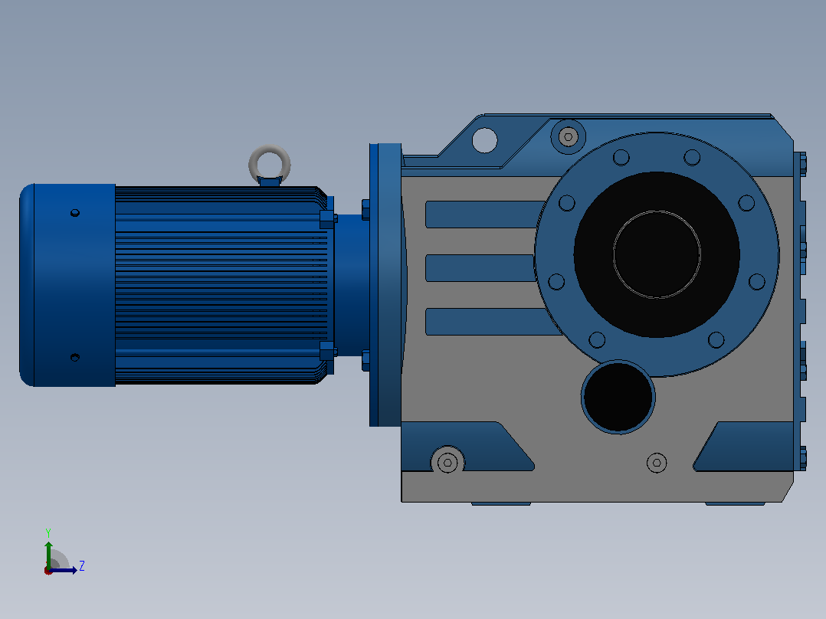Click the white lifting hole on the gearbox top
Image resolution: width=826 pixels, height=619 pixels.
coord(484,139)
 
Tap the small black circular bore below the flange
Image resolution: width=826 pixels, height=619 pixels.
coord(618,397)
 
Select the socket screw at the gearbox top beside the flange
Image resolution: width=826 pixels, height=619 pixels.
coord(568,137)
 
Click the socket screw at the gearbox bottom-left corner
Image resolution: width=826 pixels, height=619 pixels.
coord(447,462)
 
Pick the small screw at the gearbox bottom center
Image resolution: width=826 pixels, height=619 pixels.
coord(657,463)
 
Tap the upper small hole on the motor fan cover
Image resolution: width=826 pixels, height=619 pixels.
coord(75,213)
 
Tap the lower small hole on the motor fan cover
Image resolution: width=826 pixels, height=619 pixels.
coord(75,357)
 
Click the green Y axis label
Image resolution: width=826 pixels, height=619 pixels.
coord(48,532)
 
